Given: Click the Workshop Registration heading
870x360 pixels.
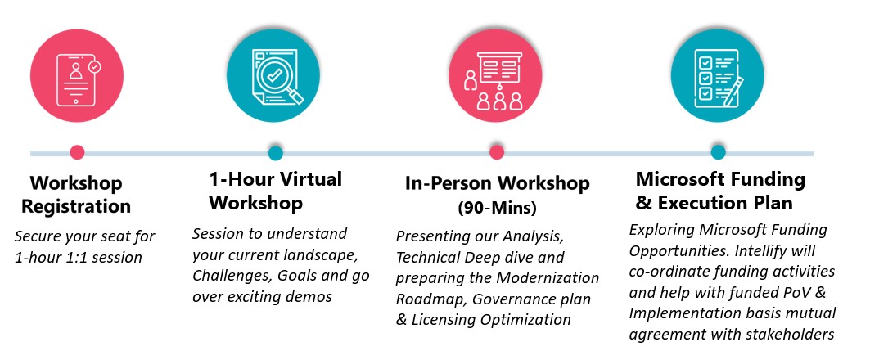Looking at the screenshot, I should pyautogui.click(x=76, y=194).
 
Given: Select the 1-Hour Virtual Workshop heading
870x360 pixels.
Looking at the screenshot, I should pyautogui.click(x=275, y=190).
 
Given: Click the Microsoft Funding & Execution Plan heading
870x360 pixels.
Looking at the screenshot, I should pyautogui.click(x=720, y=190).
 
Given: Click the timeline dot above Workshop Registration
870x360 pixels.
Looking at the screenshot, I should pyautogui.click(x=77, y=152).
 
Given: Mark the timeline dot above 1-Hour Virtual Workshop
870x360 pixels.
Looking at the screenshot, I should pyautogui.click(x=276, y=152).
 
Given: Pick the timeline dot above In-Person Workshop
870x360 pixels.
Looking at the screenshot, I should pyautogui.click(x=495, y=152).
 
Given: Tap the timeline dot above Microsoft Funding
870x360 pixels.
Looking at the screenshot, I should pyautogui.click(x=718, y=152).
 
